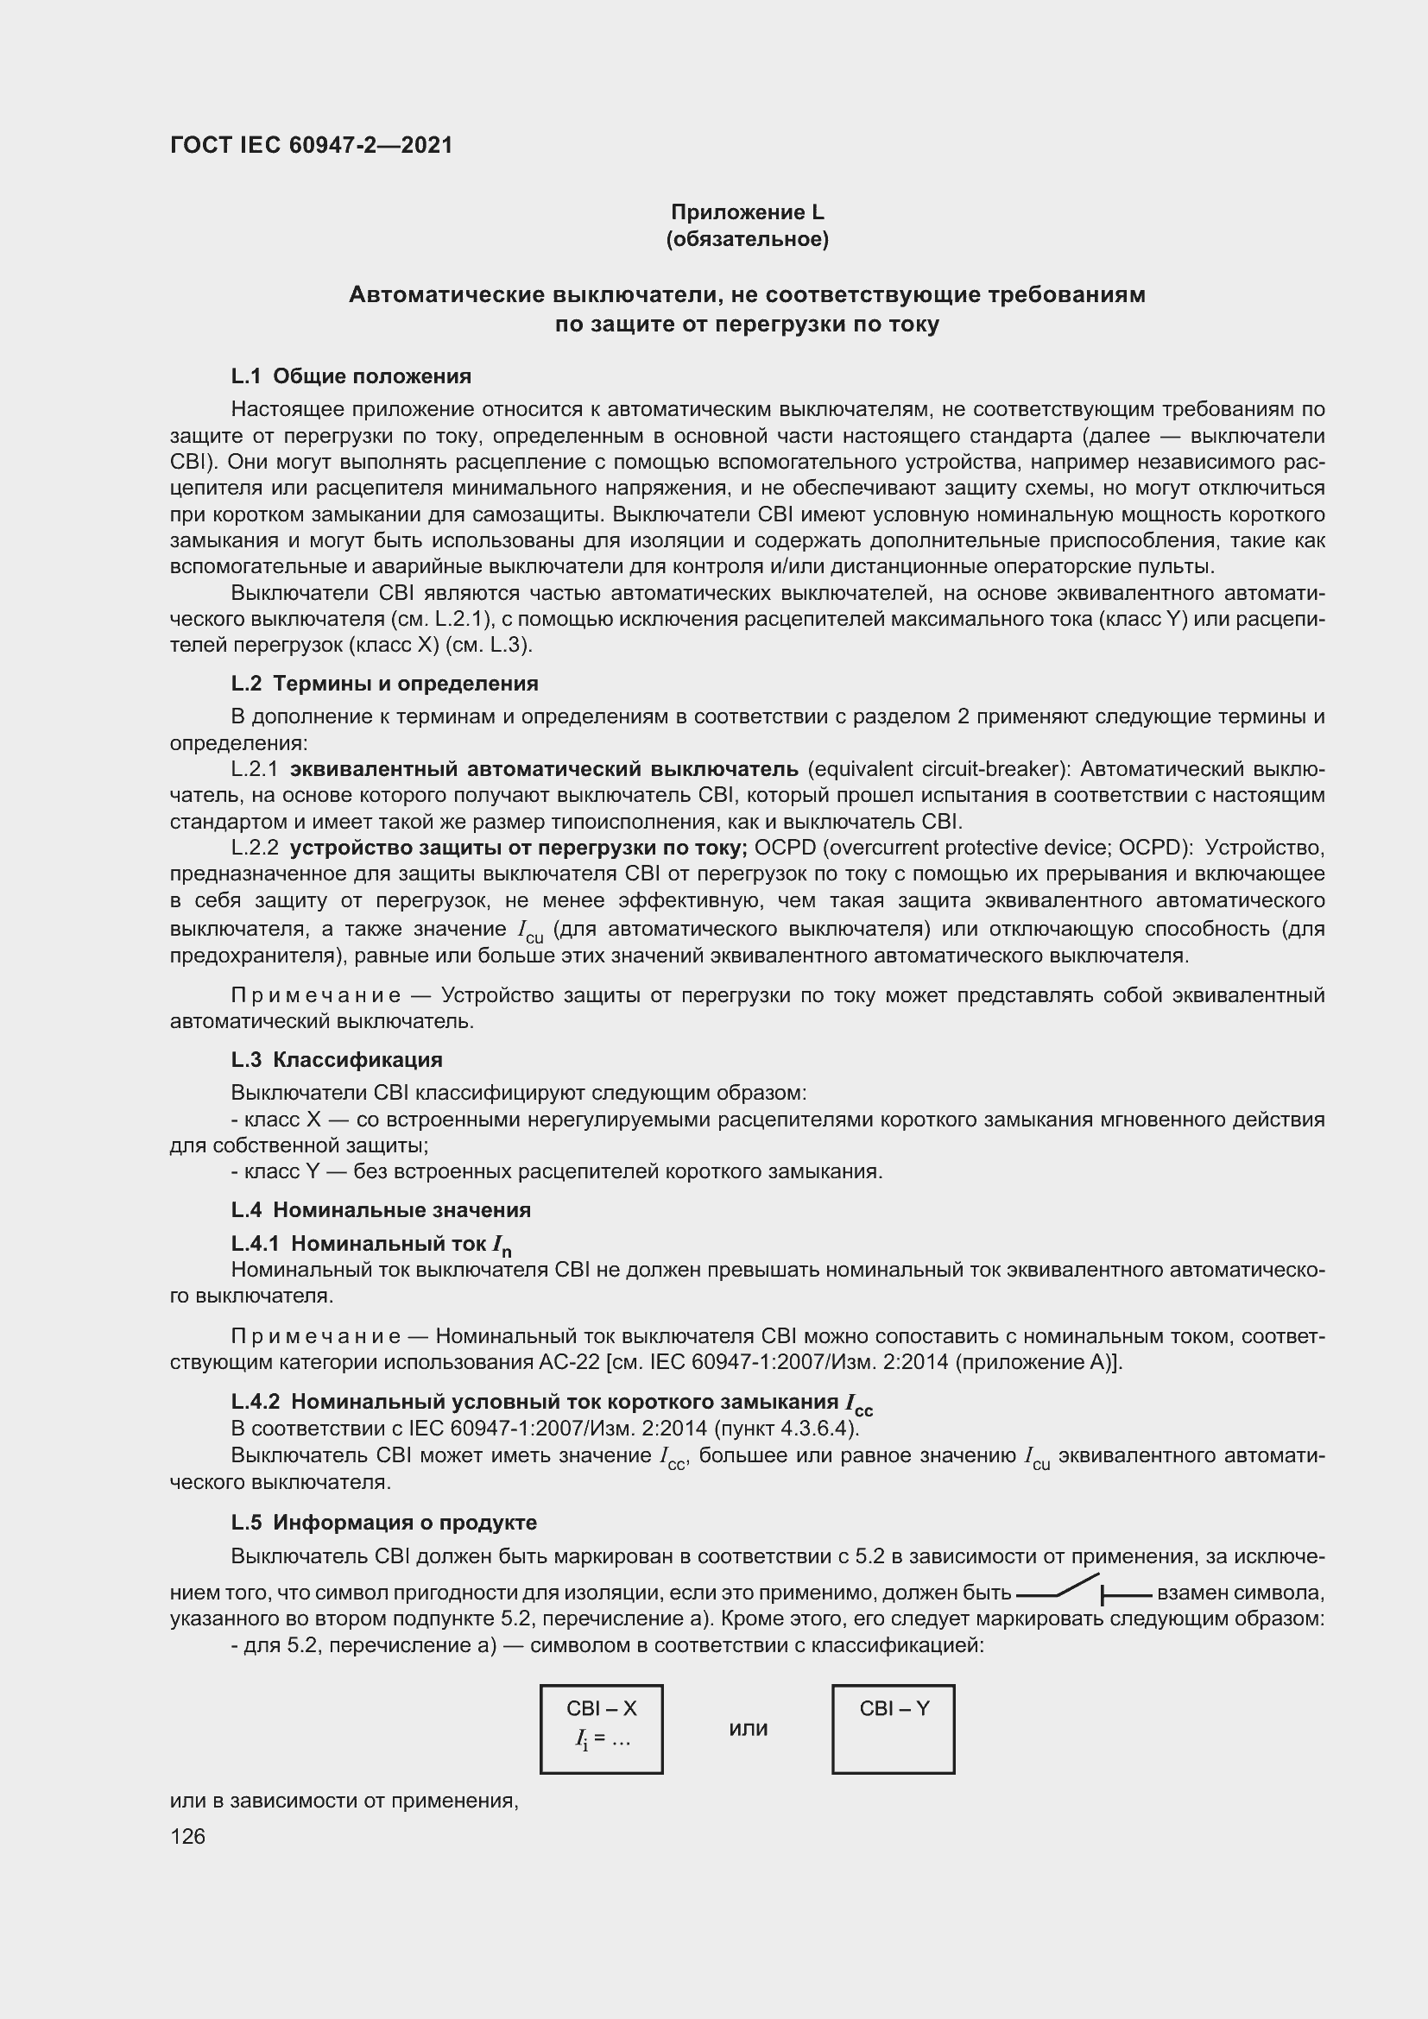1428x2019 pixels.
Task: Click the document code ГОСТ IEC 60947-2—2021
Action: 312,145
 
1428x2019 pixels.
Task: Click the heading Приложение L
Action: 748,212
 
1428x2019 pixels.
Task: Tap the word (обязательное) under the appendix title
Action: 748,239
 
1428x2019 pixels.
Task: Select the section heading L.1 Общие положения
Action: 351,376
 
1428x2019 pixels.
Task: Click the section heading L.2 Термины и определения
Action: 384,684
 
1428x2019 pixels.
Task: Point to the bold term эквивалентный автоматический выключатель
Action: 543,769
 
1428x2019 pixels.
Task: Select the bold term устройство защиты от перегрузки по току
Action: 518,848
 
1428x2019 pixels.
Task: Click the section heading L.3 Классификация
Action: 337,1060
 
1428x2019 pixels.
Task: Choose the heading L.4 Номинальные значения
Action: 381,1210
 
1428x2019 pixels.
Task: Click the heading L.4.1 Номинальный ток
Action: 371,1245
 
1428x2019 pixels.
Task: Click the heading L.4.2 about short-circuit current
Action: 552,1402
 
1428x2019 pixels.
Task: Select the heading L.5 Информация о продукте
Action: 383,1522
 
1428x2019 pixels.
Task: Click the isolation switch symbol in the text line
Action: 1083,1592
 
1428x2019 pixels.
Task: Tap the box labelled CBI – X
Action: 602,1729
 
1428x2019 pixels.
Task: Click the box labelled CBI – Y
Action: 894,1729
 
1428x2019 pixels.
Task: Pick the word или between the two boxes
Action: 749,1729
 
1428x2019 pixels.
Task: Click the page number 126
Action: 187,1836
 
